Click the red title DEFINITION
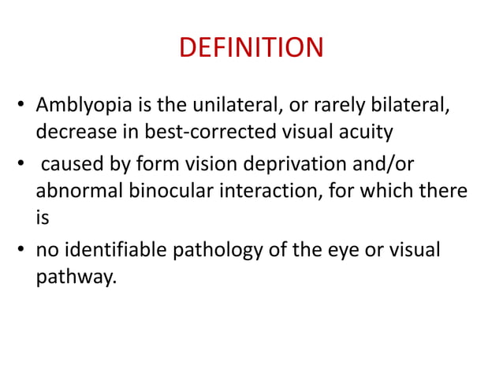251,49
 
